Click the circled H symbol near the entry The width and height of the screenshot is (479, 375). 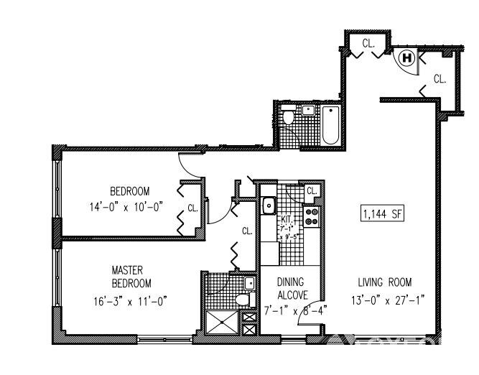coord(406,57)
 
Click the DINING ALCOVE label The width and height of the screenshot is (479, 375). coord(292,288)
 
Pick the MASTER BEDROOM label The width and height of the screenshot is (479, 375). coord(131,277)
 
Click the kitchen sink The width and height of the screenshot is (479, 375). coord(269,206)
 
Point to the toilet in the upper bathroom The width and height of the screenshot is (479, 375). coord(288,117)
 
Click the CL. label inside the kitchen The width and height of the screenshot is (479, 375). coord(312,191)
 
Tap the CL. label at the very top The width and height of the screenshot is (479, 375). coord(368,43)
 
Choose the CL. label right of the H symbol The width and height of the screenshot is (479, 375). coord(440,79)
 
